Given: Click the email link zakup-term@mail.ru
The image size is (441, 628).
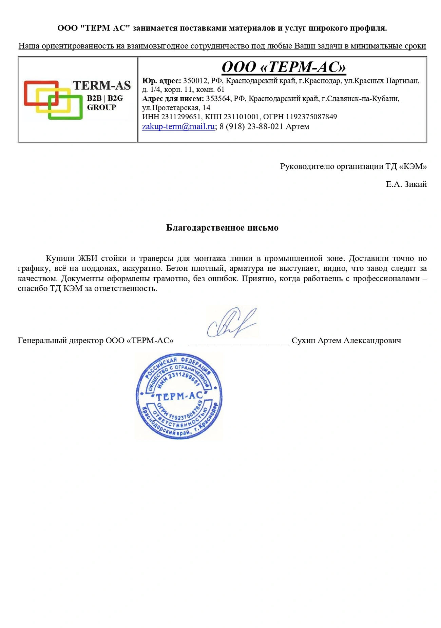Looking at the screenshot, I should tap(178, 126).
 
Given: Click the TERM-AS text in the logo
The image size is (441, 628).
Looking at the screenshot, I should tap(102, 85).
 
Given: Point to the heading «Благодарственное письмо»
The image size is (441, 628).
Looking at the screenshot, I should tap(222, 228).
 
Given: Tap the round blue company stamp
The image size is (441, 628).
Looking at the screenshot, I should tap(179, 396).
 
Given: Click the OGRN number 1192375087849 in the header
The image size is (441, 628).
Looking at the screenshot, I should tap(311, 117).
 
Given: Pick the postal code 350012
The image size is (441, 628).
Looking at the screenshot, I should tap(195, 81).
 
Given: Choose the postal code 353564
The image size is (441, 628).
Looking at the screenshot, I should tap(218, 99).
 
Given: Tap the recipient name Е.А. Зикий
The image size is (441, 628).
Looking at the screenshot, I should tap(406, 184).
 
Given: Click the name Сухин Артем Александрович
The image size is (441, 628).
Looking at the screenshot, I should tap(346, 340).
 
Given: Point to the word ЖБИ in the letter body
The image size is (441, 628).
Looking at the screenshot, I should tap(88, 259).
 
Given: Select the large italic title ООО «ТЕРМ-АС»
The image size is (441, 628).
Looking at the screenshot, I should tap(284, 67).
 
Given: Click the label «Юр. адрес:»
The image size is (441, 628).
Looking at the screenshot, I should tap(161, 81).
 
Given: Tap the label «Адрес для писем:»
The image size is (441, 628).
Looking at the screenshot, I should tap(173, 99).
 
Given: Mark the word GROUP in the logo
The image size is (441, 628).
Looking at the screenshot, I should tap(101, 107).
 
